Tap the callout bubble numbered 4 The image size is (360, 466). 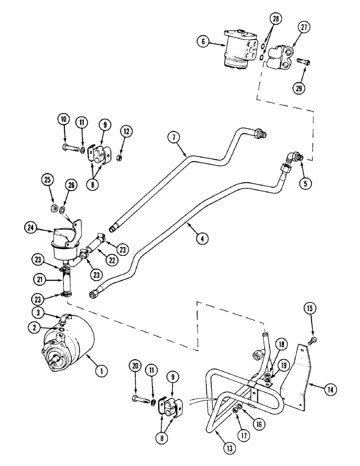pos(201,238)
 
